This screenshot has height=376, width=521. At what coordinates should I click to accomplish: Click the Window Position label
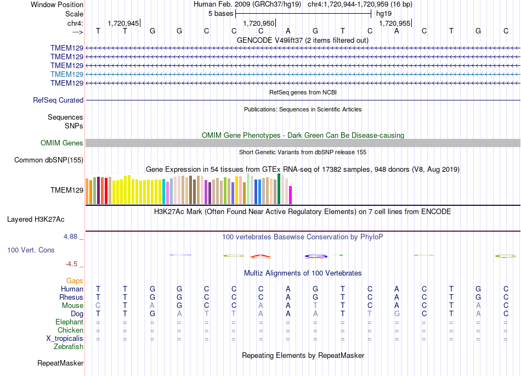click(57, 4)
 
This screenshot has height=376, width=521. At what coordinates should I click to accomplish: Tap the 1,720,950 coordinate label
click(258, 23)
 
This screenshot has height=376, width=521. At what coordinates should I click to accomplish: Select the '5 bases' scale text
click(220, 14)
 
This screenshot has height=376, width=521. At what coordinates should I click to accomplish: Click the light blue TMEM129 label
click(67, 74)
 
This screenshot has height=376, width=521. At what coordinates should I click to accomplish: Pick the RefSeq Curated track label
click(58, 100)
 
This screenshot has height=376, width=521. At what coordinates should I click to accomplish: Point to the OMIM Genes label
click(62, 143)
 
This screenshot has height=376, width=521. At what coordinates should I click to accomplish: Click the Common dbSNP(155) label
click(49, 160)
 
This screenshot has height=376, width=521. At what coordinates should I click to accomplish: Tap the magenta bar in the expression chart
click(291, 195)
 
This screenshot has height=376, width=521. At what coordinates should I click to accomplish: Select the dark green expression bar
click(279, 189)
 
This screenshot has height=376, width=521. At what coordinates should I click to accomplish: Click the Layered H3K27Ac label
click(36, 220)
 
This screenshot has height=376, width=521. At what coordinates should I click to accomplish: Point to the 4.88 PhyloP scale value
click(70, 237)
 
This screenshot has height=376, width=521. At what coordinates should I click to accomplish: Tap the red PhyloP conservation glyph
click(261, 256)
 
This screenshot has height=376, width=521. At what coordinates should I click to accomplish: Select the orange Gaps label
click(75, 281)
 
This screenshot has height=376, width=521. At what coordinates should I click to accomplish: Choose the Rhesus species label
click(71, 297)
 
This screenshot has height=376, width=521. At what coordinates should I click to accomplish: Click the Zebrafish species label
click(69, 347)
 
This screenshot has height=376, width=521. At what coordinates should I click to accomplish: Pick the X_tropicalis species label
click(65, 339)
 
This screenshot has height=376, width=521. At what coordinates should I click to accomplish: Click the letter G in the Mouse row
click(179, 306)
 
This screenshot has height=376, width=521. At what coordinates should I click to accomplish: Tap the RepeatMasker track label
click(60, 363)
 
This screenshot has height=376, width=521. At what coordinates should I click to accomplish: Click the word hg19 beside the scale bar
click(384, 14)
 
